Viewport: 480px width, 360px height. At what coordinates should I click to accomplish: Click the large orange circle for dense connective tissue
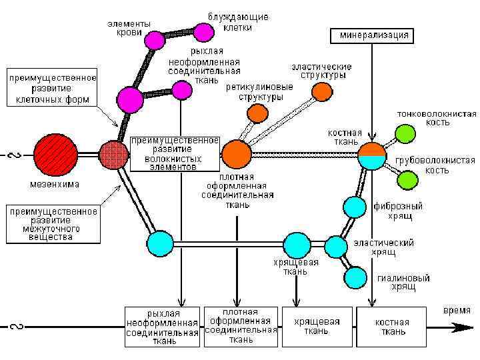(x=236, y=154)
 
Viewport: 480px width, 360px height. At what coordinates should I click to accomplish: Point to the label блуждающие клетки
(x=229, y=20)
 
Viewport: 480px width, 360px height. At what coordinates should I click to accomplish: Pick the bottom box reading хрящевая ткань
(x=317, y=326)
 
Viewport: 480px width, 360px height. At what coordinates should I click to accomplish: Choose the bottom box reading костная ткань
(x=391, y=326)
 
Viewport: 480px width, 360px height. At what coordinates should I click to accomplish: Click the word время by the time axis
(x=457, y=311)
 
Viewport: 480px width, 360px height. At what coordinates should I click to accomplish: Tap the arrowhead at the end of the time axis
(x=461, y=327)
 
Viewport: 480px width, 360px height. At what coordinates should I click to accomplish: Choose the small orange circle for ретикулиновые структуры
(x=257, y=113)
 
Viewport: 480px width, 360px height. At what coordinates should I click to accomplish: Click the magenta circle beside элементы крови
(x=155, y=40)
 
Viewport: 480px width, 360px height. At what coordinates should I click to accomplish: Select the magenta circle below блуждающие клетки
(x=203, y=31)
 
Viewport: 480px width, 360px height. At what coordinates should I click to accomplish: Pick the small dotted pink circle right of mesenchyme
(x=113, y=155)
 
